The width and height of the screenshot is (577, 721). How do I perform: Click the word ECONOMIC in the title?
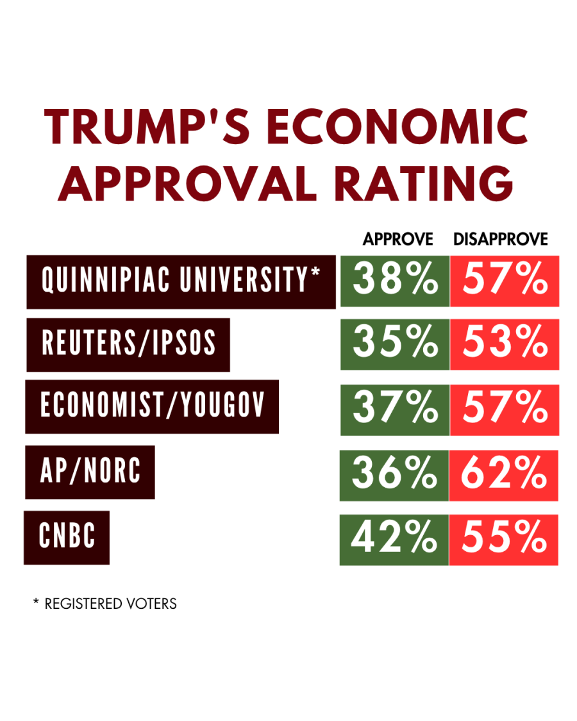397,128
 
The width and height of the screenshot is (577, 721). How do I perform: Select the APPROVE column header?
398,240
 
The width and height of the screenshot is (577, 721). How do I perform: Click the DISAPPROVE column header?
501,240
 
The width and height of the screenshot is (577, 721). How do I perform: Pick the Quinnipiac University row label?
181,281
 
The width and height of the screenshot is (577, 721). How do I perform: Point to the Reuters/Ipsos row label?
128,344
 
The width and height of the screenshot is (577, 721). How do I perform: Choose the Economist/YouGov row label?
152,406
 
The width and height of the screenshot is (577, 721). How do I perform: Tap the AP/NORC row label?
90,472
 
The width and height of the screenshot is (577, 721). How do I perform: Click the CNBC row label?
67,537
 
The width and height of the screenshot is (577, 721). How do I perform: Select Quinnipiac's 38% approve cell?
395,281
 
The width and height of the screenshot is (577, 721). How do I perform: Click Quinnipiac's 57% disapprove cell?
505,281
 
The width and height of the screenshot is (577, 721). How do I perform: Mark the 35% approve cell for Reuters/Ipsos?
395,344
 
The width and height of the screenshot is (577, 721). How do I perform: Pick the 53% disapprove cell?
505,344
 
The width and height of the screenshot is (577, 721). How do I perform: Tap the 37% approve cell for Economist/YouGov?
395,409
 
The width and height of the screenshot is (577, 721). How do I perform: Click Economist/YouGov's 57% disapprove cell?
505,409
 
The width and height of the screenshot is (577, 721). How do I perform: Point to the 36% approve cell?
394,475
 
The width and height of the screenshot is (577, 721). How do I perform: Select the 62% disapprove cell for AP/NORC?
503,475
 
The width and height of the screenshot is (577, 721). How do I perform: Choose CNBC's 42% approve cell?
394,539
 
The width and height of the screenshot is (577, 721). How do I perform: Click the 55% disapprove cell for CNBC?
503,539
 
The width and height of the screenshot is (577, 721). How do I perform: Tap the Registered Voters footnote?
105,604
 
